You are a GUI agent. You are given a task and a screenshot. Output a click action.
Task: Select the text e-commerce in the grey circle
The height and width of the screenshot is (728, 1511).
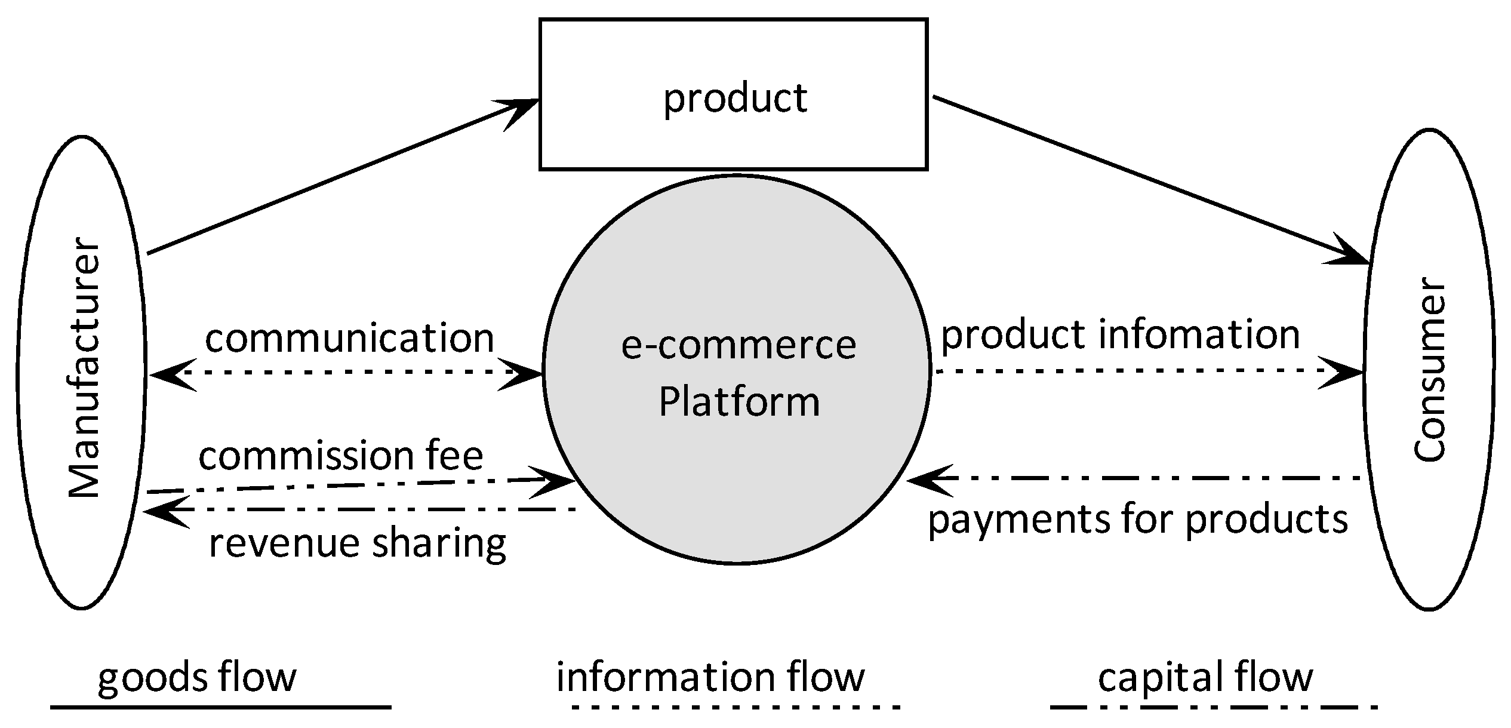(x=738, y=345)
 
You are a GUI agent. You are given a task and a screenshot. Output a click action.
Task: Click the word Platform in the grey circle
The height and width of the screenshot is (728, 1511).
(x=738, y=401)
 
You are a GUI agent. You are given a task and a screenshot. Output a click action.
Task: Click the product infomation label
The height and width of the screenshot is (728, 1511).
(x=1120, y=334)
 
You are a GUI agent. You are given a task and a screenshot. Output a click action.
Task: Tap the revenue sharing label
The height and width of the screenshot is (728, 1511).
(x=357, y=543)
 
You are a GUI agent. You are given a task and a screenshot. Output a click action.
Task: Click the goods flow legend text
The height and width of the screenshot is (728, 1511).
(x=196, y=678)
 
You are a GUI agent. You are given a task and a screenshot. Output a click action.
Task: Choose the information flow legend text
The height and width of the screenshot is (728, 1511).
(x=710, y=677)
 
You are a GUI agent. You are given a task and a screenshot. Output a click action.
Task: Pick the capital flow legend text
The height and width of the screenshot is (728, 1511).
(x=1205, y=677)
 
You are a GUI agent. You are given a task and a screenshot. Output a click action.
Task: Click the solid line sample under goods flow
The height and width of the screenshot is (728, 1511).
(x=220, y=707)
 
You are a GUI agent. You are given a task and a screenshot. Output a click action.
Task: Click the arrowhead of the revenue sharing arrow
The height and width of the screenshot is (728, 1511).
(x=164, y=512)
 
